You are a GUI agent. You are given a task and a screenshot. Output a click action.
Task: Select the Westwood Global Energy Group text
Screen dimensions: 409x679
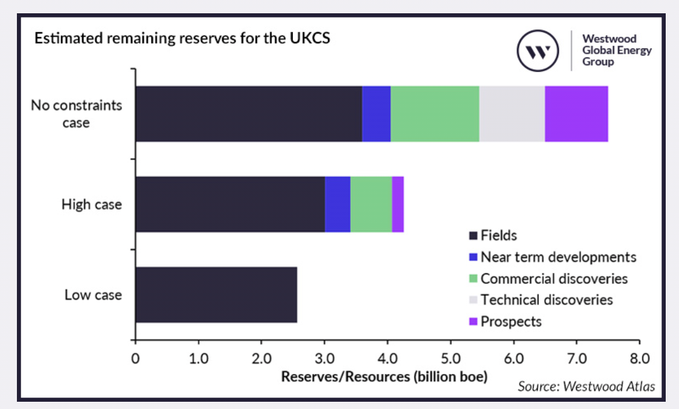(616, 50)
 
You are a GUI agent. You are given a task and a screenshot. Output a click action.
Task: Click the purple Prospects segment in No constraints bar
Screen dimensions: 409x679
(576, 114)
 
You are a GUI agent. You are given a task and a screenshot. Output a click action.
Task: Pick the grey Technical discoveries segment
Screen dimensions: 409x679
(512, 114)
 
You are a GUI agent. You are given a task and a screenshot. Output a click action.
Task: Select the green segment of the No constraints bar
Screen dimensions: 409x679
(434, 114)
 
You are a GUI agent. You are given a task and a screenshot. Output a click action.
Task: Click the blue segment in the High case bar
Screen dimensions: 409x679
(338, 204)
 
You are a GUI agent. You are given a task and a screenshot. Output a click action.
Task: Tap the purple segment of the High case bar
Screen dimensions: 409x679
(397, 204)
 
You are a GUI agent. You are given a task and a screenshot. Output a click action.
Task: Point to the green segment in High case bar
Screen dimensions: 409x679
(371, 204)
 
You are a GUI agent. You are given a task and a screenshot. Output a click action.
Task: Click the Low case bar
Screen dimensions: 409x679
(216, 295)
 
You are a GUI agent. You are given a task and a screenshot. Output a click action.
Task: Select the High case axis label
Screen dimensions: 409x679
(92, 205)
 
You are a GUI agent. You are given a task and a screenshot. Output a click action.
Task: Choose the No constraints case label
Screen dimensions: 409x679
(77, 114)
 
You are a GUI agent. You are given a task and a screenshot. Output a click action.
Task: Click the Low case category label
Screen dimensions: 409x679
(93, 295)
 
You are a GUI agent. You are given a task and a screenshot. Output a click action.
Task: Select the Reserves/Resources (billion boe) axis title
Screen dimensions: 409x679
(384, 376)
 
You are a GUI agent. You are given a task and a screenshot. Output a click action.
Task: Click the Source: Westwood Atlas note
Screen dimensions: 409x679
(585, 387)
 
